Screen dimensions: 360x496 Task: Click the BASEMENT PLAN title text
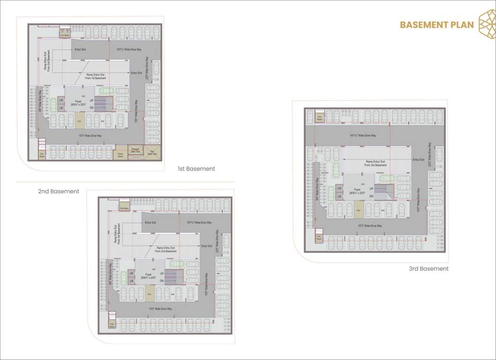pyautogui.click(x=437, y=25)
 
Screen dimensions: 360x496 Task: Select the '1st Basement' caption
pyautogui.click(x=196, y=169)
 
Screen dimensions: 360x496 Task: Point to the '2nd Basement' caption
pyautogui.click(x=59, y=191)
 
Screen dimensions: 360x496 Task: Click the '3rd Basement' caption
pyautogui.click(x=428, y=269)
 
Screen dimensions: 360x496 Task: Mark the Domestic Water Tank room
pyautogui.click(x=135, y=151)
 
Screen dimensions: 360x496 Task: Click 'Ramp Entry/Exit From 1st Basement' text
pyautogui.click(x=96, y=76)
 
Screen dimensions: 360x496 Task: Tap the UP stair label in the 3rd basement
pyautogui.click(x=371, y=189)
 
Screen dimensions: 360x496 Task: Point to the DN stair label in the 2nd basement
pyautogui.click(x=162, y=280)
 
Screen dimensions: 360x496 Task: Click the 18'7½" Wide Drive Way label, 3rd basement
pyautogui.click(x=363, y=135)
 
